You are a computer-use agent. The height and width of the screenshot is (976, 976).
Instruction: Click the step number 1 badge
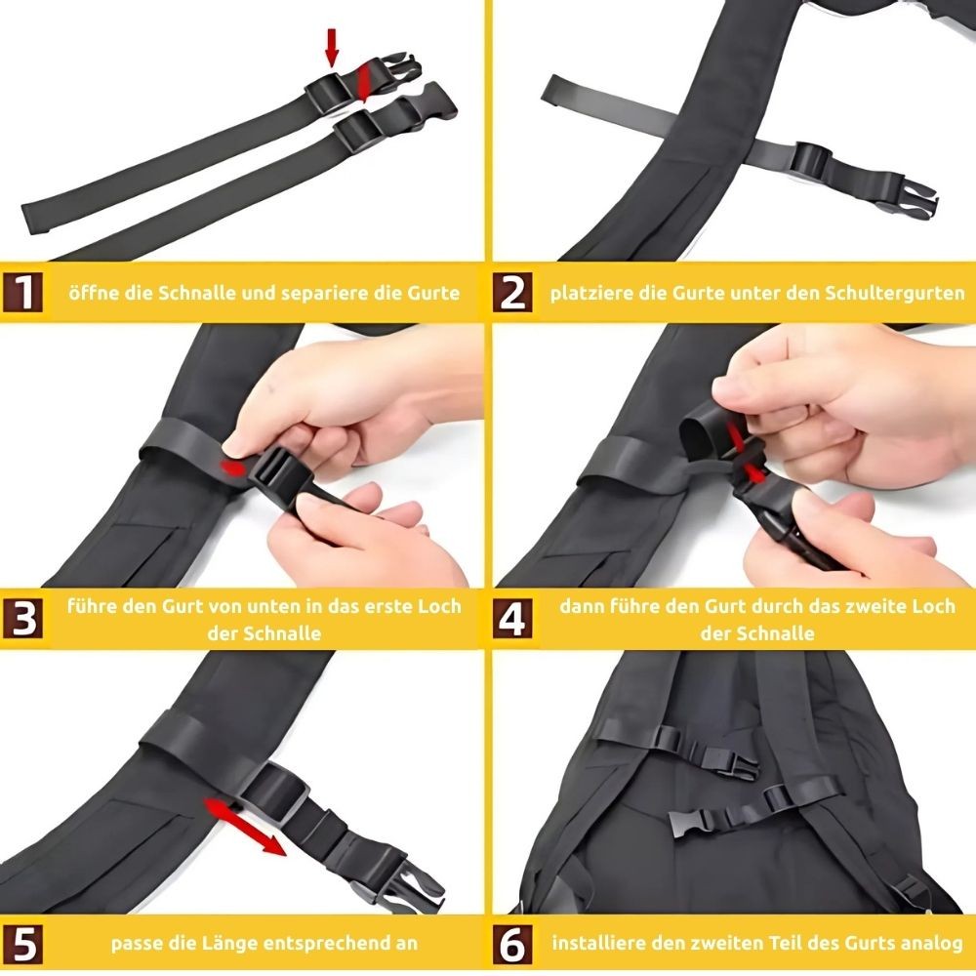pos(25,292)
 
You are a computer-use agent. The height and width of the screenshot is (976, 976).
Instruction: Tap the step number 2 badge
pos(512,292)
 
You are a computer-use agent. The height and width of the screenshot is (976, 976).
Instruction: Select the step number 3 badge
pos(25,619)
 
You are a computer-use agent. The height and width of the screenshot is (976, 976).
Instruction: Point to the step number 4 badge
pos(512,619)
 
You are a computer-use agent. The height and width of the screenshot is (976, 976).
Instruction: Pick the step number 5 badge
pos(25,944)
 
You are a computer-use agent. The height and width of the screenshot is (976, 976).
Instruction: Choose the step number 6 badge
pos(512,944)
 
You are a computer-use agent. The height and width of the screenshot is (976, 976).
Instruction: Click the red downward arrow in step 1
pos(332,46)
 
